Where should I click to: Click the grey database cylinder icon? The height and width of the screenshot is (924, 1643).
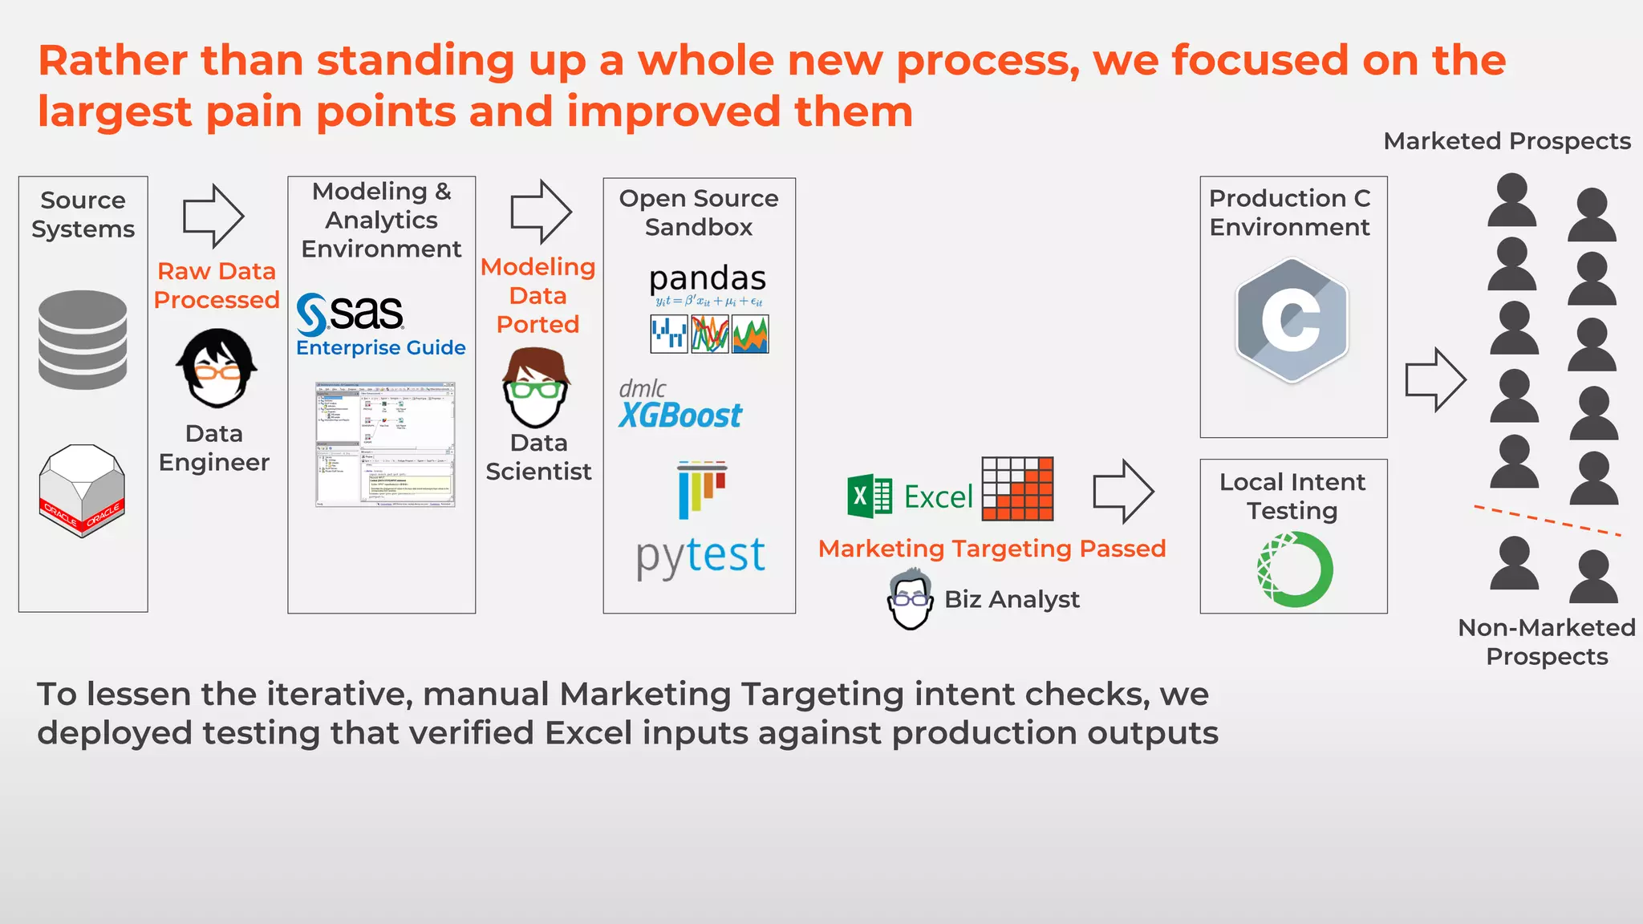click(x=83, y=340)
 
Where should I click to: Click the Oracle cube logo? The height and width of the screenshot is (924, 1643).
click(x=82, y=490)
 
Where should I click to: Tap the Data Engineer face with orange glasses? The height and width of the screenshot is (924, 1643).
click(x=215, y=368)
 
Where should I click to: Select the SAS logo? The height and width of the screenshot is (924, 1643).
click(x=351, y=314)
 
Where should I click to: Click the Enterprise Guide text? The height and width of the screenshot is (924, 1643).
click(x=380, y=348)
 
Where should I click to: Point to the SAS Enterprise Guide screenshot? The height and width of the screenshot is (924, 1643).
click(x=385, y=444)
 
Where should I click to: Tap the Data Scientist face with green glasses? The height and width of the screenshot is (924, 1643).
click(x=536, y=388)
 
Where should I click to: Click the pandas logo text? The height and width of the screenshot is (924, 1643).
click(x=707, y=278)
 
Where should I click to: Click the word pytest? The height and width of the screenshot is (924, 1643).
click(x=700, y=555)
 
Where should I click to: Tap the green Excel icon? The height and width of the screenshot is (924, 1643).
click(x=870, y=496)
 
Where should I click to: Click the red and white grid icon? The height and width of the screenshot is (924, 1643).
click(x=1017, y=489)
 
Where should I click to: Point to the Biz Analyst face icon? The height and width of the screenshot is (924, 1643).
click(x=910, y=600)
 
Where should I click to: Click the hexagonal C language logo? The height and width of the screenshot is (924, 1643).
click(x=1292, y=320)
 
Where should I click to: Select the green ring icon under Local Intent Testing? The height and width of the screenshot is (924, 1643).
click(x=1294, y=570)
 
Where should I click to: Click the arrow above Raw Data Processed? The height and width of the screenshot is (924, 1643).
click(x=213, y=216)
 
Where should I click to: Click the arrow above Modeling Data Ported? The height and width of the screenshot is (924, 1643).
click(x=541, y=212)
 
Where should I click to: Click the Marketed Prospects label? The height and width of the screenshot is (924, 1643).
click(x=1507, y=141)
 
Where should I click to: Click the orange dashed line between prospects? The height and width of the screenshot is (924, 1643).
click(x=1547, y=521)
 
